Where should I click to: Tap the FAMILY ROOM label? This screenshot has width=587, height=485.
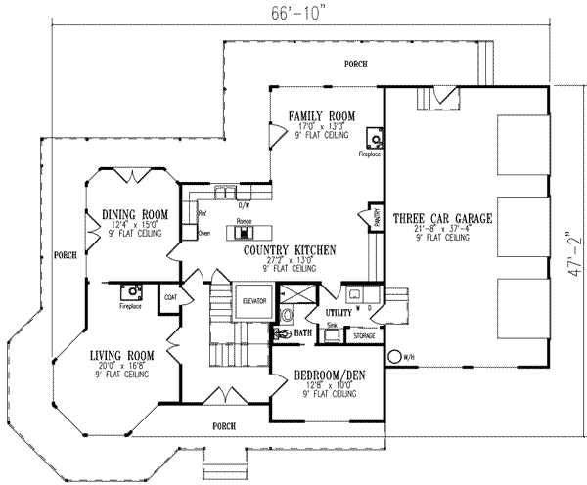tap(314, 115)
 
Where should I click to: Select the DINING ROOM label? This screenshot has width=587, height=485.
tap(137, 214)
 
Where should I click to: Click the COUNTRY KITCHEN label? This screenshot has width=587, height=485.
tap(292, 250)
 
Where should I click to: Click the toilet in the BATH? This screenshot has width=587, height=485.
tap(282, 333)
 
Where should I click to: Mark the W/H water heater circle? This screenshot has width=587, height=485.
tap(395, 358)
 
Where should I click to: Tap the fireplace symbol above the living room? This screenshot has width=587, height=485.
tap(129, 290)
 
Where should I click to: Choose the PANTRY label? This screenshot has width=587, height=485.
tap(375, 217)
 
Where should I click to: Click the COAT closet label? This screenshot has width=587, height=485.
tap(169, 297)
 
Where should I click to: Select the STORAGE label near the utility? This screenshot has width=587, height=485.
tap(364, 336)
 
